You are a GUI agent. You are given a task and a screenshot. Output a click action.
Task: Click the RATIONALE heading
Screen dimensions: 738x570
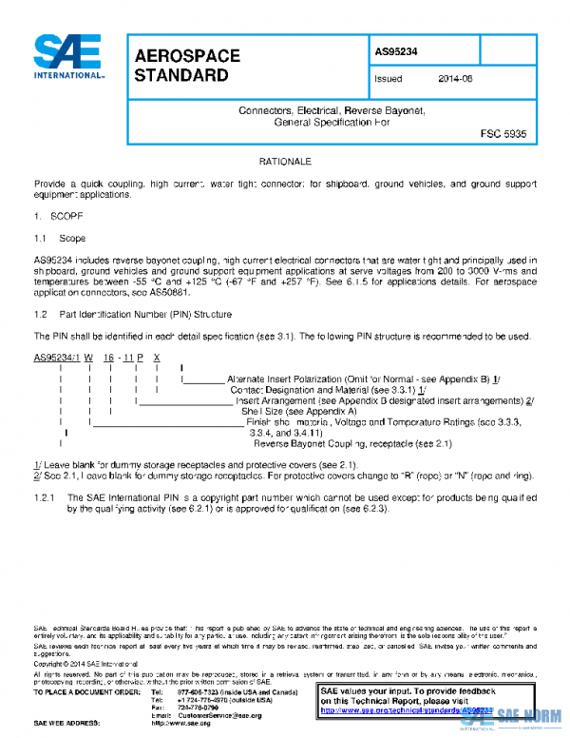tap(285, 163)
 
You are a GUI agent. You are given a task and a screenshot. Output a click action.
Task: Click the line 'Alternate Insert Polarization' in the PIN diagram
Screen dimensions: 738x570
tap(361, 379)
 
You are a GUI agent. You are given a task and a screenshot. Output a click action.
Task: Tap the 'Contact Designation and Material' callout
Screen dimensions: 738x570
tap(328, 390)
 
